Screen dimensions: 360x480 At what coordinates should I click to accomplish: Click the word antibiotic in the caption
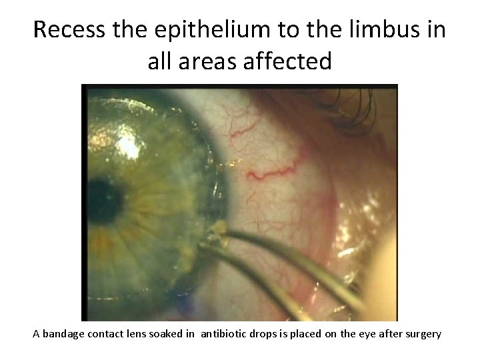pos(242,334)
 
